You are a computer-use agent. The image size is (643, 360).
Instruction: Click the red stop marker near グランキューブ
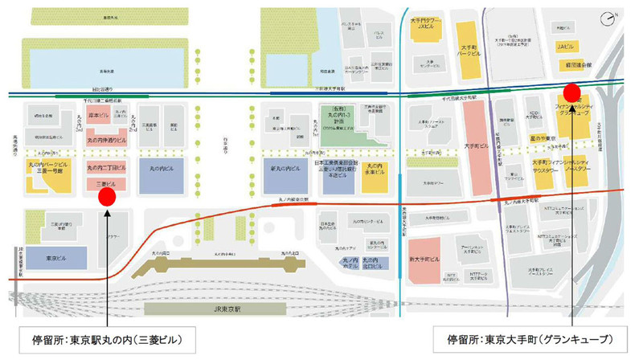[571, 90]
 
